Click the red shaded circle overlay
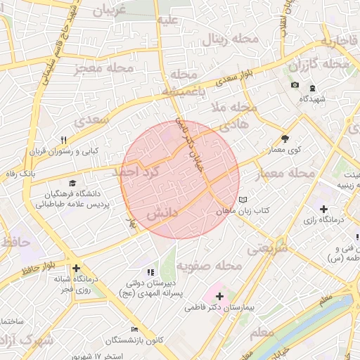180,179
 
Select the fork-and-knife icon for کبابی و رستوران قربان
64,140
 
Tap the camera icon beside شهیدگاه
294,86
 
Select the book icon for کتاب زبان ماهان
243,200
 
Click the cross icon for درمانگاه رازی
323,209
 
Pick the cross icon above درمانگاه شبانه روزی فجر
76,268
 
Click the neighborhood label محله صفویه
209,266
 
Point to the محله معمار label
291,173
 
